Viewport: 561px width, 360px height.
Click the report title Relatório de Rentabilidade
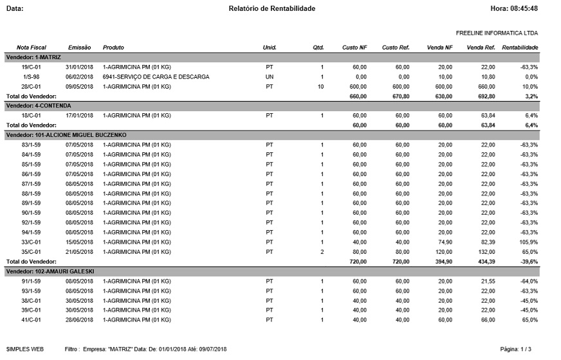[272, 8]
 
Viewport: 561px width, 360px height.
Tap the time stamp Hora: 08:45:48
[514, 8]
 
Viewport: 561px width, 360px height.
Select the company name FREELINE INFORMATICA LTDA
[497, 33]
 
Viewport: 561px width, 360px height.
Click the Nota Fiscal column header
[32, 48]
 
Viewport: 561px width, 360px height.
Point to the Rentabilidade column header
[520, 48]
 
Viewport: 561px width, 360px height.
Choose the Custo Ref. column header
[396, 48]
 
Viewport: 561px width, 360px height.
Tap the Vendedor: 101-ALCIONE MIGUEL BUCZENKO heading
[66, 134]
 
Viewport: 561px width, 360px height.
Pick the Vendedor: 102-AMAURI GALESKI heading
[50, 272]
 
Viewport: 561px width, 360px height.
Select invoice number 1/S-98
[32, 76]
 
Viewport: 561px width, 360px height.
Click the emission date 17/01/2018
[80, 115]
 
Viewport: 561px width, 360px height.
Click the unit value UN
[269, 76]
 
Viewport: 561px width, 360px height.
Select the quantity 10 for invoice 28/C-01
[320, 86]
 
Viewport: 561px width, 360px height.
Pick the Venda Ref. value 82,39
[486, 242]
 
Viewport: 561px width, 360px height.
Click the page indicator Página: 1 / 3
[515, 349]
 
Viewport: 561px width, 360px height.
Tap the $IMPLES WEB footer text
[24, 349]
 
